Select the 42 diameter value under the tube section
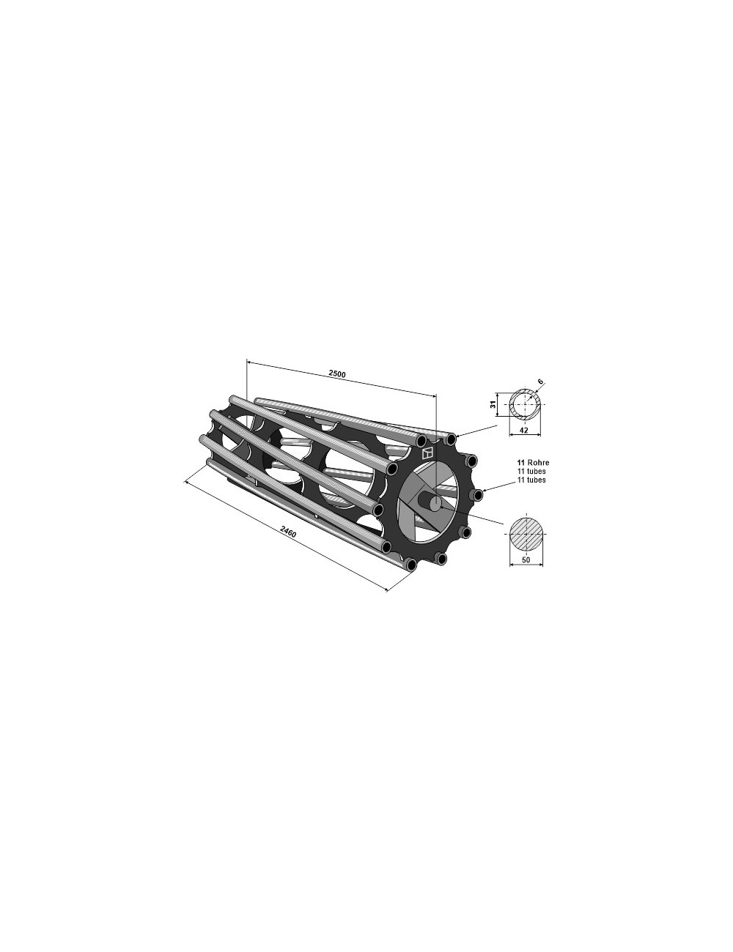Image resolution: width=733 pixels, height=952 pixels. click(524, 431)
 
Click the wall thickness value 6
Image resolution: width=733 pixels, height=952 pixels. click(541, 382)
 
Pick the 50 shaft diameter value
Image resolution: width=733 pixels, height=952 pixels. click(525, 560)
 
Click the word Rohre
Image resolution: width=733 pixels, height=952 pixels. click(538, 464)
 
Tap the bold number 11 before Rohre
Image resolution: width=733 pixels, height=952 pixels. click(520, 464)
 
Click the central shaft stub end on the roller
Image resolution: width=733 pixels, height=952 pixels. click(435, 502)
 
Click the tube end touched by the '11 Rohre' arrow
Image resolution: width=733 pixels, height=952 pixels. click(478, 496)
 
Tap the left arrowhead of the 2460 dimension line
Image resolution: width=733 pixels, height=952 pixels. click(188, 482)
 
